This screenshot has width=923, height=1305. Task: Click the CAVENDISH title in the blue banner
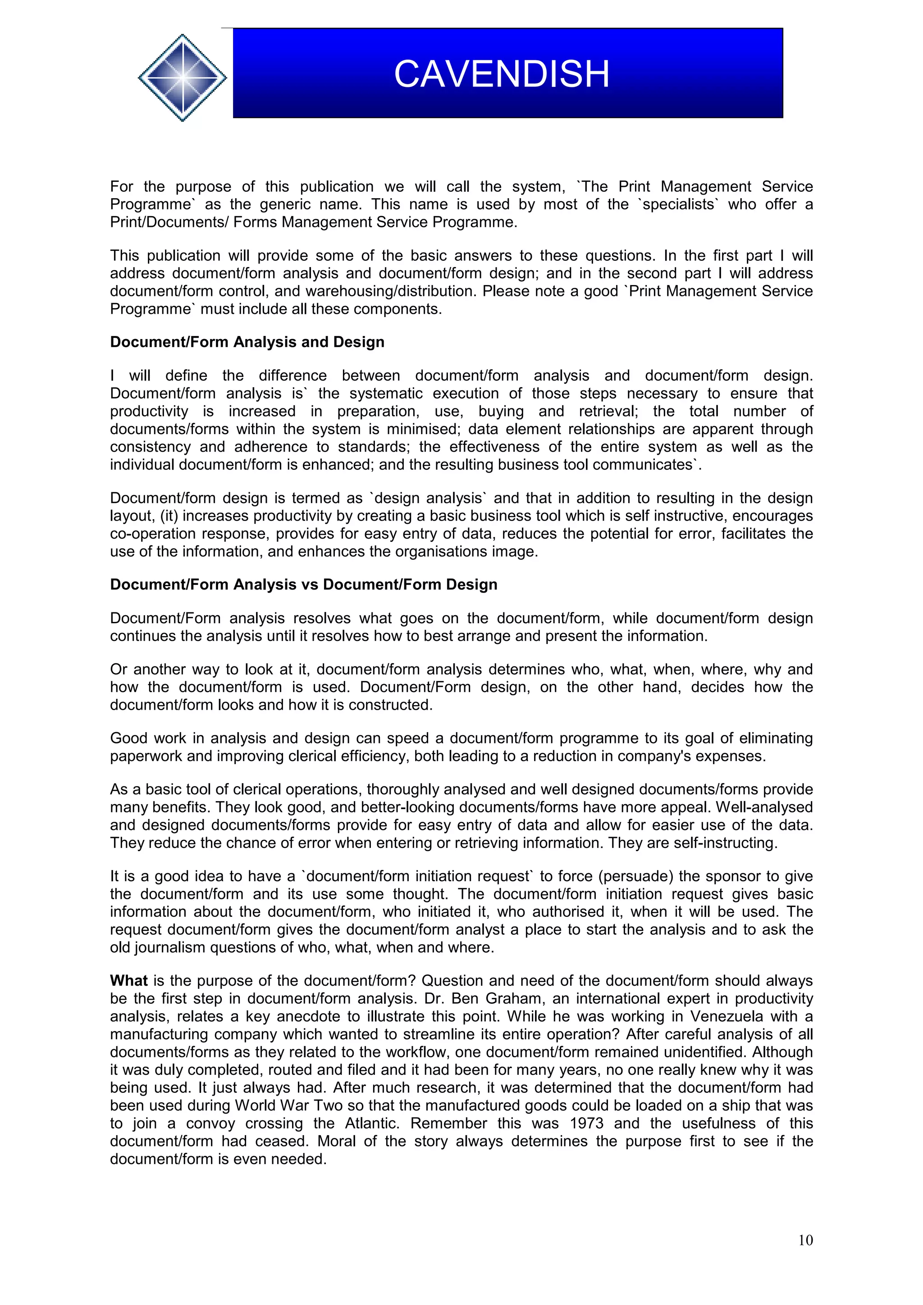click(x=501, y=74)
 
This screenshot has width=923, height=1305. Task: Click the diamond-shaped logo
click(x=182, y=78)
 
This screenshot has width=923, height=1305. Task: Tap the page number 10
click(x=805, y=1240)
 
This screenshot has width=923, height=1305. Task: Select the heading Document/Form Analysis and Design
click(x=247, y=342)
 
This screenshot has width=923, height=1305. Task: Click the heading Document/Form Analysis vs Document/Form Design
click(x=303, y=585)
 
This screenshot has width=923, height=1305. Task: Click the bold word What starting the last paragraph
click(x=128, y=981)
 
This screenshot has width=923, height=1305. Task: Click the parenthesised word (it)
click(x=169, y=516)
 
